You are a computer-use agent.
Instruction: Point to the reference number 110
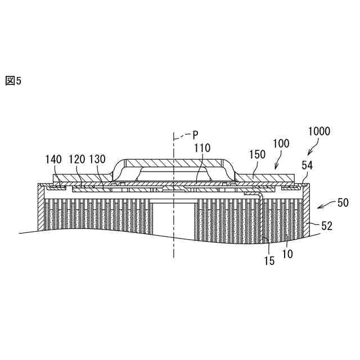(202, 148)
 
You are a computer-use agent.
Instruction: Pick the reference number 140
(55, 160)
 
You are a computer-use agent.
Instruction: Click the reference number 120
(77, 160)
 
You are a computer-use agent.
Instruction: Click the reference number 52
(326, 226)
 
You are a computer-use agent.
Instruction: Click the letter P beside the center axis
(195, 134)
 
